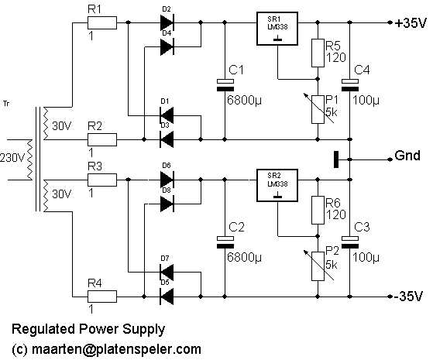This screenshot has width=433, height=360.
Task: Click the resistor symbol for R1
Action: (x=102, y=22)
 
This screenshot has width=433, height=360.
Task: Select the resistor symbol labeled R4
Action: (x=102, y=297)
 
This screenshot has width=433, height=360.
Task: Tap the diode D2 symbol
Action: (x=167, y=22)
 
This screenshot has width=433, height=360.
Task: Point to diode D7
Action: (x=167, y=273)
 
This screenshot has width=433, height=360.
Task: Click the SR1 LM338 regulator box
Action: (x=277, y=29)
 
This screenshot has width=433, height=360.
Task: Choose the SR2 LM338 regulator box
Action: (x=277, y=186)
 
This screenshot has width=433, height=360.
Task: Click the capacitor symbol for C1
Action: (x=225, y=85)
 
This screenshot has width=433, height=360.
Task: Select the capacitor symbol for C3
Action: (x=350, y=242)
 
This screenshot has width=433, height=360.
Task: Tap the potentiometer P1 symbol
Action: (x=318, y=109)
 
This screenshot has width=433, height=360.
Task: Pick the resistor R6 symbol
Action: (x=318, y=210)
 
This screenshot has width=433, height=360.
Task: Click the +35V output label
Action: (x=411, y=23)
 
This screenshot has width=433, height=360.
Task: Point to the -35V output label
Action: (x=408, y=297)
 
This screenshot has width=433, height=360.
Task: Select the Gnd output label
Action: (x=407, y=156)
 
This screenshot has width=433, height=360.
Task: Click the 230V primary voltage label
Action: (x=12, y=158)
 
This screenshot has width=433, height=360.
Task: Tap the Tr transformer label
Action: (x=6, y=104)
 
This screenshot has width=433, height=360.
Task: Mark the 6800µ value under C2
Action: (x=244, y=258)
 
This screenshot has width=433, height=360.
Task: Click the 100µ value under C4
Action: (x=366, y=101)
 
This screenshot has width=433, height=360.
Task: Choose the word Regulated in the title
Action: (x=43, y=330)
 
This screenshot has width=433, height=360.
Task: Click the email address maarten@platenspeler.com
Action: (x=116, y=349)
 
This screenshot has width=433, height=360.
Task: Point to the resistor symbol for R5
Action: (x=318, y=53)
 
